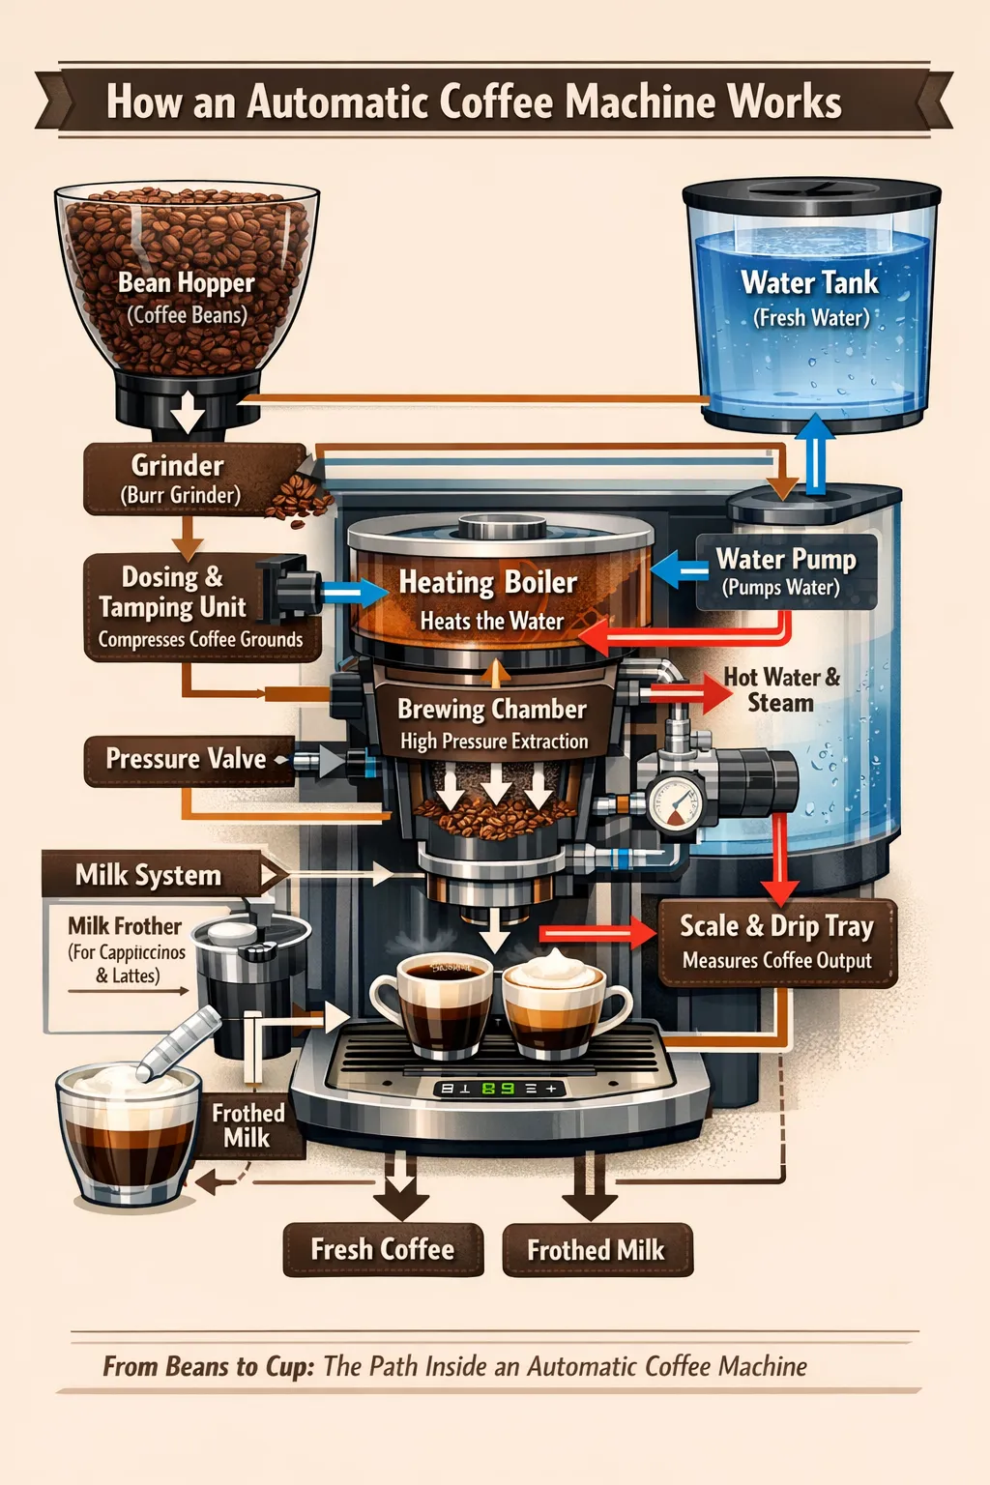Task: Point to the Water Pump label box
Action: click(785, 571)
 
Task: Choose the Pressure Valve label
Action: click(186, 760)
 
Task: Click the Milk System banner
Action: click(151, 875)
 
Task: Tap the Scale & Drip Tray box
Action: click(777, 942)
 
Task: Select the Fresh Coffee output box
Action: click(383, 1250)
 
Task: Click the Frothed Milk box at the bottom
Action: click(597, 1250)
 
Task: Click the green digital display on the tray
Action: click(498, 1089)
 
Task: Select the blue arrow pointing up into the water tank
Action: click(816, 452)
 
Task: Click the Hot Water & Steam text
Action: click(781, 689)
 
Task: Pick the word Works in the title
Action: click(784, 102)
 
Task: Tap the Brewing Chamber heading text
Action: click(492, 710)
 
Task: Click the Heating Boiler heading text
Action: click(487, 582)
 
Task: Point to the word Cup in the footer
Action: click(287, 1366)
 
